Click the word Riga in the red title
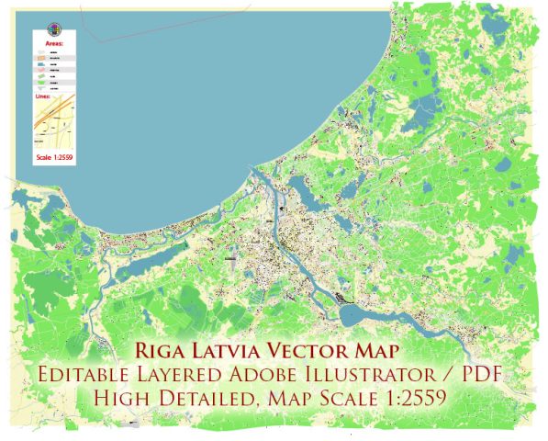pos(161,350)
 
